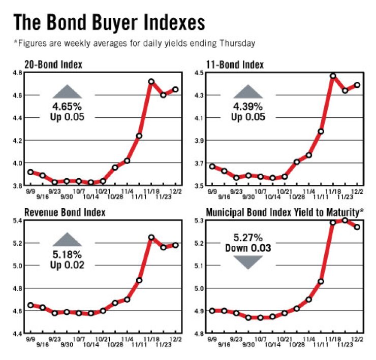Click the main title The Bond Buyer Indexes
point(109,23)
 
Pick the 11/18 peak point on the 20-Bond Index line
point(151,81)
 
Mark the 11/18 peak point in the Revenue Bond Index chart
point(151,237)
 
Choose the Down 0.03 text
point(247,248)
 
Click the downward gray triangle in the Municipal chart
point(247,261)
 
